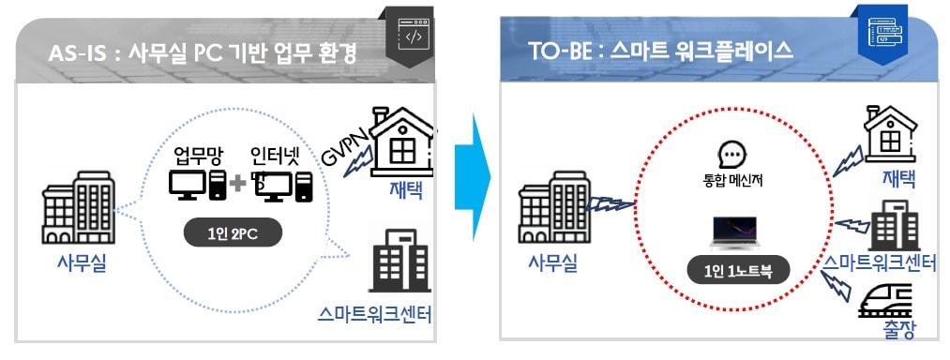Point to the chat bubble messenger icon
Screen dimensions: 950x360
[731, 156]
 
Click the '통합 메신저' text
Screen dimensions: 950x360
[731, 180]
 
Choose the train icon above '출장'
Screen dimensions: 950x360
[886, 299]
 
